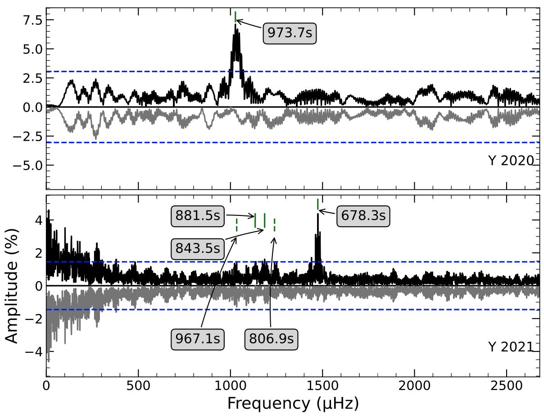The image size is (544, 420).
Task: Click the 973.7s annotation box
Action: click(x=290, y=33)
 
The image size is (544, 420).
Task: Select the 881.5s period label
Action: click(x=198, y=216)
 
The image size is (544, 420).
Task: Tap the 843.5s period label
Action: click(x=198, y=248)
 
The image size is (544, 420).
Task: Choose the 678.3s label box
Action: click(x=363, y=216)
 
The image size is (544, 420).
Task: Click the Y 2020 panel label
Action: click(x=511, y=161)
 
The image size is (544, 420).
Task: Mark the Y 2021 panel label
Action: click(x=511, y=347)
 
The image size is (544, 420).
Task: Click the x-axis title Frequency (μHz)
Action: click(x=293, y=403)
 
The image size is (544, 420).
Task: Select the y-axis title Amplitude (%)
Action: click(x=13, y=286)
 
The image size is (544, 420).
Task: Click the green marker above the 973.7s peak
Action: click(x=235, y=16)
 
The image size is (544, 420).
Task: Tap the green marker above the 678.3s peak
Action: click(x=317, y=204)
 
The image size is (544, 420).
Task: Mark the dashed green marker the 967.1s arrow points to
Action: click(x=236, y=225)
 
